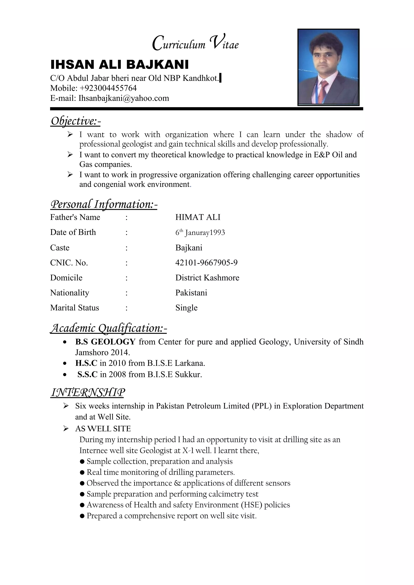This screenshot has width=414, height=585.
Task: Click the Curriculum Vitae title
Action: (x=195, y=44)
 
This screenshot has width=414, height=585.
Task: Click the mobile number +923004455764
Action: (x=108, y=88)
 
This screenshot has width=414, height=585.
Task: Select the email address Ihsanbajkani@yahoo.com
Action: (x=124, y=98)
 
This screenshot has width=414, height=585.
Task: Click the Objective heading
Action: (x=76, y=121)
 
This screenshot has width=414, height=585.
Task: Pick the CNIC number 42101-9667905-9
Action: (x=206, y=263)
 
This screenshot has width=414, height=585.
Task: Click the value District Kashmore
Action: (x=207, y=278)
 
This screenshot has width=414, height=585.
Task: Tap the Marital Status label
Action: (x=74, y=308)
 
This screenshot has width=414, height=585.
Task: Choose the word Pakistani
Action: (x=191, y=293)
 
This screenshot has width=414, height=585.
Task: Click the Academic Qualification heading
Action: (x=108, y=328)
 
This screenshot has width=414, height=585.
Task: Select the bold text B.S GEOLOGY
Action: (x=105, y=342)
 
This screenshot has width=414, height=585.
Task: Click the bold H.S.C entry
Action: (x=86, y=363)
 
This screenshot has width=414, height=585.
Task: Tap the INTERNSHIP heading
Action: (x=88, y=393)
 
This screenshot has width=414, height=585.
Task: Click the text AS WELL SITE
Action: (x=103, y=429)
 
